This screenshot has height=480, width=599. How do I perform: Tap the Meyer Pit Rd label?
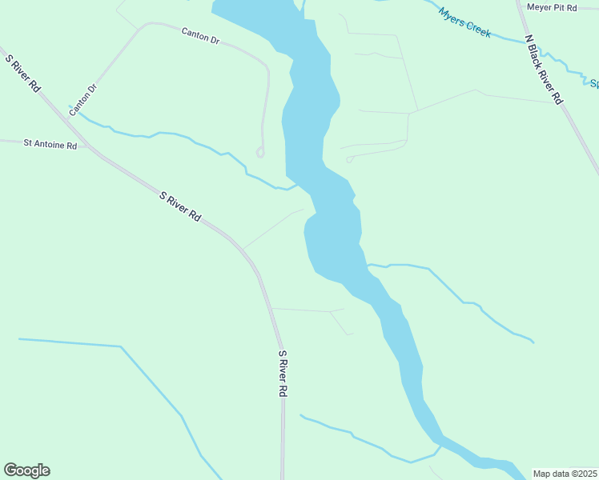[552, 7]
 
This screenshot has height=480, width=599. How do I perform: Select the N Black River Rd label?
[544, 69]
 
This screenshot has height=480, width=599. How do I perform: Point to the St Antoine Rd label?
[50, 145]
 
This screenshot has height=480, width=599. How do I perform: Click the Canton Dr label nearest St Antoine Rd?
[82, 100]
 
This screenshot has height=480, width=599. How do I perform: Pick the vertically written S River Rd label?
[283, 374]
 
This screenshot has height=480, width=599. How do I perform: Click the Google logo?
[26, 470]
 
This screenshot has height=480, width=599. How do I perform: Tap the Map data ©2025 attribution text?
[565, 473]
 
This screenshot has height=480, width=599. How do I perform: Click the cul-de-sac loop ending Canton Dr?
[259, 152]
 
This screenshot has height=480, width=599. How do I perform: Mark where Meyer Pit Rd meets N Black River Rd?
[519, 8]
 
